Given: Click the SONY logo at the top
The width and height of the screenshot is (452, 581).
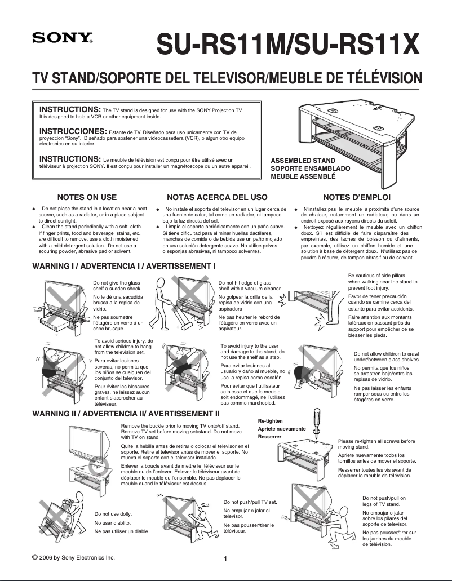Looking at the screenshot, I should pos(61,39).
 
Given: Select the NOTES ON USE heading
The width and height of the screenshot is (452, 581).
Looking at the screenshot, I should pos(87,197).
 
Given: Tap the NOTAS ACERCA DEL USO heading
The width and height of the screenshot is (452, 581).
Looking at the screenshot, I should pos(217,197).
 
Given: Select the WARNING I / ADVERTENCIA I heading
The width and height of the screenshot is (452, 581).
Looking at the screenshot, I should pos(125,265).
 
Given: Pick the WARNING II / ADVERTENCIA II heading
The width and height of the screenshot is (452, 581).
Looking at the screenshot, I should pos(126,414).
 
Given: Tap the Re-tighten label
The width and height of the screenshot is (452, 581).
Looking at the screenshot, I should pos(271,421).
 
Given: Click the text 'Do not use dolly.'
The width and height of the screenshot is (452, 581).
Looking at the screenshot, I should pos(113,514).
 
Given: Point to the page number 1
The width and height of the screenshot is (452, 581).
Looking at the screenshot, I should pos(225,559).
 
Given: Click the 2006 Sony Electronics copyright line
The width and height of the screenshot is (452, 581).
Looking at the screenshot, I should pos(74,557).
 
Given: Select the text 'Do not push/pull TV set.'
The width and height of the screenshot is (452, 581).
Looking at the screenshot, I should pos(250,502).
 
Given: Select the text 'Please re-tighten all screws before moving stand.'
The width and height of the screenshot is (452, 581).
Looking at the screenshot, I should pos(376,444).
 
